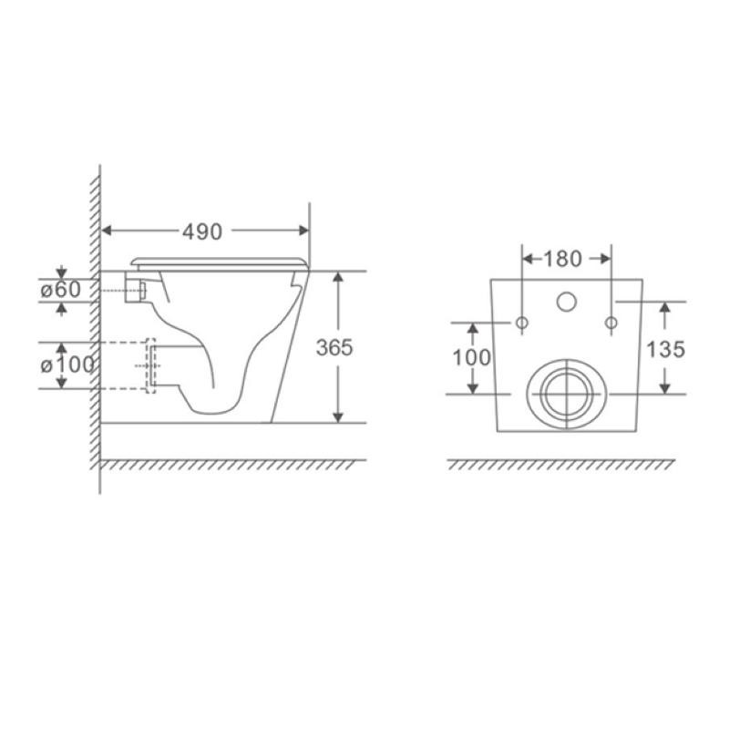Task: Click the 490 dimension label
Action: (x=201, y=231)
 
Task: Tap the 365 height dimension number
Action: (x=334, y=348)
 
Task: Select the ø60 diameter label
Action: (x=60, y=290)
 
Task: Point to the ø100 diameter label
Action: (x=67, y=365)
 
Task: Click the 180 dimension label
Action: (x=562, y=259)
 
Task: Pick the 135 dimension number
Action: (x=666, y=350)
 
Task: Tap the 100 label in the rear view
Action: (x=471, y=357)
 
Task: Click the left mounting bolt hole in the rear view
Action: (x=522, y=323)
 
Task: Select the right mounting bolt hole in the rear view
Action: (x=611, y=323)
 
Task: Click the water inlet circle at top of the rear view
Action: (x=567, y=302)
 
